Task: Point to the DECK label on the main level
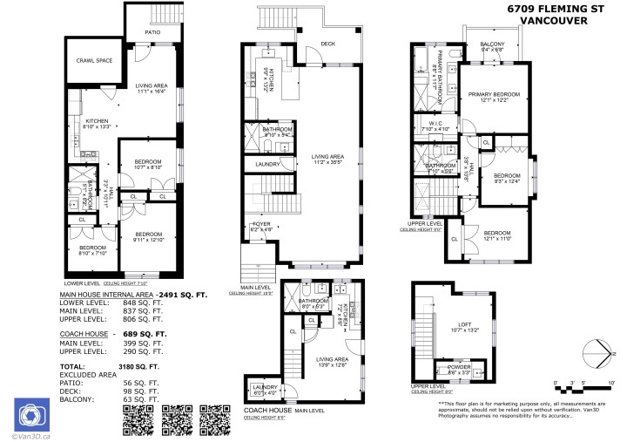coord(327,44)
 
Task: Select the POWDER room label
coord(459,368)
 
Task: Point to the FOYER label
coord(261,224)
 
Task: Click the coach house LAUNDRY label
coord(263,386)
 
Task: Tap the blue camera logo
coord(29,412)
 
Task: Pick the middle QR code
coord(178,419)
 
